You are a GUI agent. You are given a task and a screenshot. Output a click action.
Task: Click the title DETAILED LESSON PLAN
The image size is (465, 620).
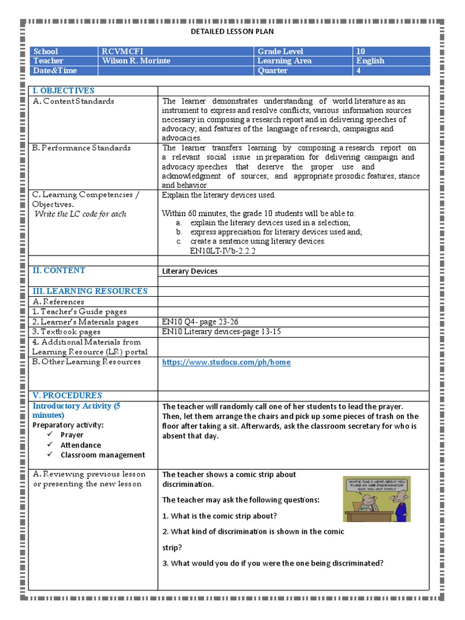[x=232, y=31]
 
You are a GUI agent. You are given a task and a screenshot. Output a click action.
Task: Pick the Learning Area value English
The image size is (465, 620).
[x=370, y=61]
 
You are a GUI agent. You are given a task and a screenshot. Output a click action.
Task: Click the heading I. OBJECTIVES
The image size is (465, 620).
[x=64, y=90]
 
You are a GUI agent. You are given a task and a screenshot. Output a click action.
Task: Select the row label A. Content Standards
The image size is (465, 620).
[x=73, y=101]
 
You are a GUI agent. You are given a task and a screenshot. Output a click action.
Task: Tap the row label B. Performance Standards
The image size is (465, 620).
[x=82, y=148]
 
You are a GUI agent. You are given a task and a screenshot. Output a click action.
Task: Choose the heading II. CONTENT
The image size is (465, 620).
[x=59, y=271]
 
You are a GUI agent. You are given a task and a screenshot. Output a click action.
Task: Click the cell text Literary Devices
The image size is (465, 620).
[x=190, y=271]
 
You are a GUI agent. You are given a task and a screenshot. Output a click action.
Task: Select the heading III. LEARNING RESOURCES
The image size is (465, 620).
[x=90, y=291]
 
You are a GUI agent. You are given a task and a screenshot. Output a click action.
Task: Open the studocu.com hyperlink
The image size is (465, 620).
[x=226, y=362]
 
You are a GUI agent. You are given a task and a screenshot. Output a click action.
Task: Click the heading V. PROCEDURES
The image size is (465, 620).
[x=67, y=395]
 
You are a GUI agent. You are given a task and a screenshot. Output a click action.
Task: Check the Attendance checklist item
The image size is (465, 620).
[x=81, y=445]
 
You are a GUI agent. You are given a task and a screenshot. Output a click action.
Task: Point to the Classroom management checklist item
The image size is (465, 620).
[x=102, y=455]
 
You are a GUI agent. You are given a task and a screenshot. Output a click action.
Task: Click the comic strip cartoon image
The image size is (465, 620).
[x=376, y=498]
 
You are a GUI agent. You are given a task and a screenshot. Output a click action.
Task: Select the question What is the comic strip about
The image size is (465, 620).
[x=219, y=516]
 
